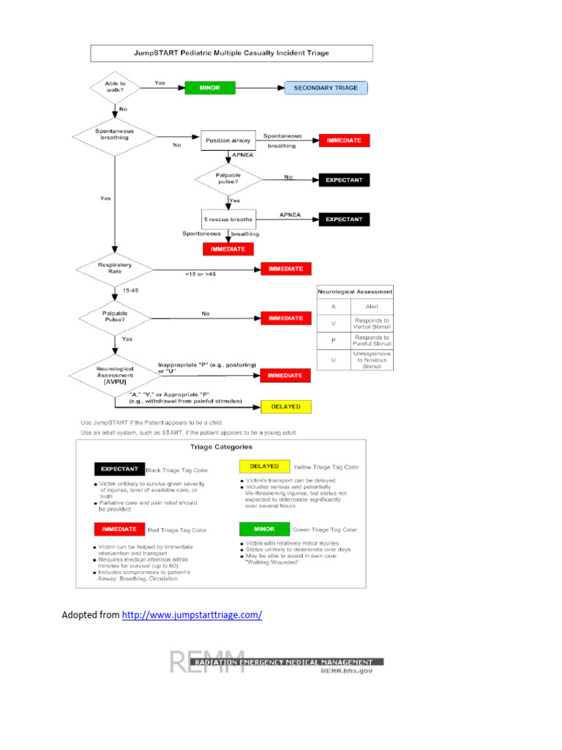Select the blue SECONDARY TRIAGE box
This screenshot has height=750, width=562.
tap(326, 88)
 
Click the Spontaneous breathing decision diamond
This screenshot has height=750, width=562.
tap(114, 135)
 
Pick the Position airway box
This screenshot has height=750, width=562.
tap(228, 140)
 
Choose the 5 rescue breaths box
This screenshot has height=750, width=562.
tap(228, 219)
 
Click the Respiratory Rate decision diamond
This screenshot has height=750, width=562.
tap(114, 269)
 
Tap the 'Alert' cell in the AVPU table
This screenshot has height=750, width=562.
tap(372, 307)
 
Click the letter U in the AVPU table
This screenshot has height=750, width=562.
tap(334, 359)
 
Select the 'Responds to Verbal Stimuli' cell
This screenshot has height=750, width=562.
tap(372, 324)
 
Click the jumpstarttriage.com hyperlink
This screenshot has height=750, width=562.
tap(192, 615)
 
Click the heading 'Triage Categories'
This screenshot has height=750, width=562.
tap(222, 446)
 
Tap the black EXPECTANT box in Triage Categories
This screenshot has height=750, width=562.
tap(119, 469)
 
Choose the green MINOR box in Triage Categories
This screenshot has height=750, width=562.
tap(264, 529)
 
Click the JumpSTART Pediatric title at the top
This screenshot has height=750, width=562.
tap(231, 53)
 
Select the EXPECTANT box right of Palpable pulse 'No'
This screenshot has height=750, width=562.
tap(344, 179)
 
